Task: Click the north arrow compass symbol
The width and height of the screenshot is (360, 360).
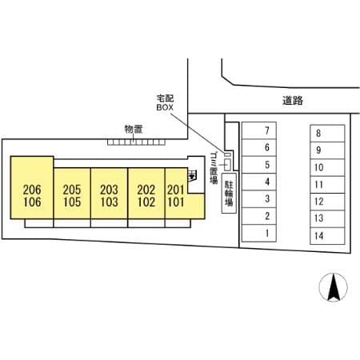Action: pos(334,287)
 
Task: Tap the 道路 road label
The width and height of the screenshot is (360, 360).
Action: pos(293,101)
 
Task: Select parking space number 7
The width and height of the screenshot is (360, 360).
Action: pos(259,130)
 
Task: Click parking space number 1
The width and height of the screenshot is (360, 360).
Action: pos(259,233)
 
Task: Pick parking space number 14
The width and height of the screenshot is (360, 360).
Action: pos(327,236)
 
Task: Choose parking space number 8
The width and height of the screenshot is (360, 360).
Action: pos(327,134)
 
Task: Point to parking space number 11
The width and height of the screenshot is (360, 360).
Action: pos(327,185)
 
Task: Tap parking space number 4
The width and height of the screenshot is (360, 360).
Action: pos(259,182)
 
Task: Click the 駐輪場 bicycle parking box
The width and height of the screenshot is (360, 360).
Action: pos(229,194)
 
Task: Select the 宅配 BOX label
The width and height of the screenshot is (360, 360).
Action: pos(165,102)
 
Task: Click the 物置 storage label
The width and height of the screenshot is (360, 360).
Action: pos(134,129)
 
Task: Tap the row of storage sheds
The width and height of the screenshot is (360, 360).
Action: pos(136,142)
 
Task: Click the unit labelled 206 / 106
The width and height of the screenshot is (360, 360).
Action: pos(32,188)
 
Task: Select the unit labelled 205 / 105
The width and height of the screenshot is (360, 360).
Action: pos(72,194)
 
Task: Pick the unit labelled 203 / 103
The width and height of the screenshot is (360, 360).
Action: pos(110,194)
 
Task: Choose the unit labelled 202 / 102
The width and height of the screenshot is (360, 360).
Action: pos(146,194)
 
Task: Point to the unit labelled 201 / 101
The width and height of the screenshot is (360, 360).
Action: pos(176,194)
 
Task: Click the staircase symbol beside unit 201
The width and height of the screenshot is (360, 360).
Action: pos(192,176)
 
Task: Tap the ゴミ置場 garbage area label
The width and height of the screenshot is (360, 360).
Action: pos(214,168)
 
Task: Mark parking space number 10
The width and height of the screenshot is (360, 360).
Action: pos(327,167)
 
